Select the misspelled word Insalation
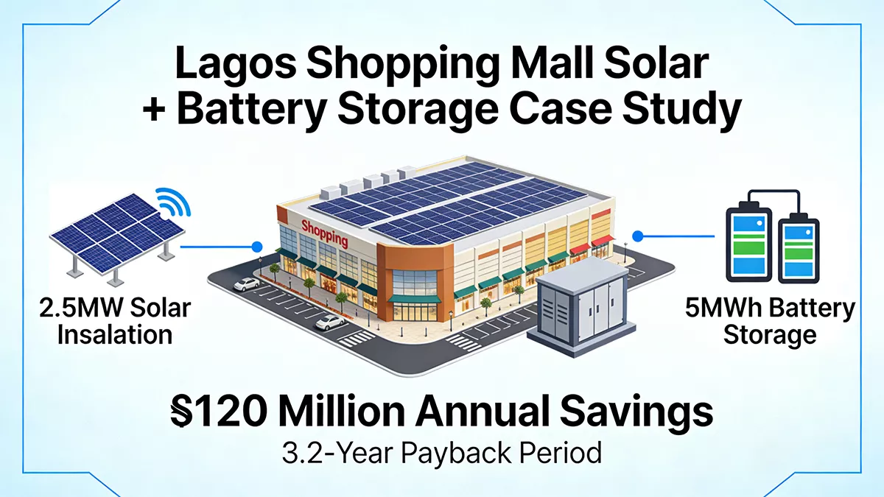[x=115, y=335]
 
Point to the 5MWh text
[x=726, y=308]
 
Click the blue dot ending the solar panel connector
[x=257, y=247]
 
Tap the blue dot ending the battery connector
[x=638, y=236]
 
